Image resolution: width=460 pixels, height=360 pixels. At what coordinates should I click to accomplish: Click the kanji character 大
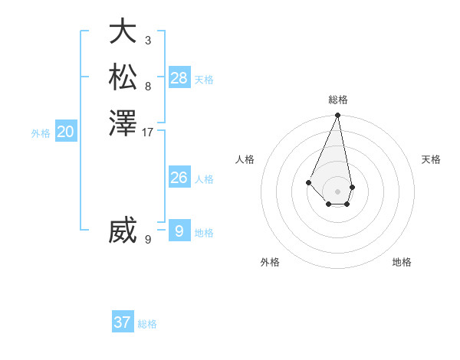pyautogui.click(x=123, y=32)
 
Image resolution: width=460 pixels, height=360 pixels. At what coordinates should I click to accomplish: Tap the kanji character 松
pyautogui.click(x=123, y=77)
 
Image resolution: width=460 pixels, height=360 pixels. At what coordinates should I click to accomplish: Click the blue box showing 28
pyautogui.click(x=179, y=77)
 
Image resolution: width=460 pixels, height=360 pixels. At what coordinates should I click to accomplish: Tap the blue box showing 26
pyautogui.click(x=179, y=178)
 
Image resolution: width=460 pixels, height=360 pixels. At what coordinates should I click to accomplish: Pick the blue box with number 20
pyautogui.click(x=66, y=132)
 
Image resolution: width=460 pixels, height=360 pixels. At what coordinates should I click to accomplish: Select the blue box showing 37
pyautogui.click(x=123, y=322)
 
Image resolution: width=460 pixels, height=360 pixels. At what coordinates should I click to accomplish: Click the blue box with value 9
pyautogui.click(x=179, y=230)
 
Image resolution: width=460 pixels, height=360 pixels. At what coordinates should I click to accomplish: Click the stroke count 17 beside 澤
pyautogui.click(x=148, y=133)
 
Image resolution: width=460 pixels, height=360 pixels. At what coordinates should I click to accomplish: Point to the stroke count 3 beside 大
pyautogui.click(x=148, y=40)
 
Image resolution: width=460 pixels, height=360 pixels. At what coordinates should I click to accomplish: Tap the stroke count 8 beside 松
pyautogui.click(x=148, y=86)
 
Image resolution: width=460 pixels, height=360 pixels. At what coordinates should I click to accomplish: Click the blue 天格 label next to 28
pyautogui.click(x=204, y=79)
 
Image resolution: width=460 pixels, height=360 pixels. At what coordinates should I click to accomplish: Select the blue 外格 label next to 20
pyautogui.click(x=41, y=133)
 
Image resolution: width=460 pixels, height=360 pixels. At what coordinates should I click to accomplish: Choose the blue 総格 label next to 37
pyautogui.click(x=147, y=324)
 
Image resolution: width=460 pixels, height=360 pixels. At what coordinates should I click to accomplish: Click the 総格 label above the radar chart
pyautogui.click(x=338, y=100)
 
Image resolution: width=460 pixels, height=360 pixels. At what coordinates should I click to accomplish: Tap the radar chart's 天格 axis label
pyautogui.click(x=431, y=159)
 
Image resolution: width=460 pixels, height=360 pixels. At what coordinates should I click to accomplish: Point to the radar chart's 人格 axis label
pyautogui.click(x=245, y=159)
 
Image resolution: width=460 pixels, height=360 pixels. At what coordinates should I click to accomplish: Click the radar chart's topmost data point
pyautogui.click(x=338, y=116)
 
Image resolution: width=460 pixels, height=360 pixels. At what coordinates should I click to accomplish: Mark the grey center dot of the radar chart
pyautogui.click(x=338, y=191)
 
